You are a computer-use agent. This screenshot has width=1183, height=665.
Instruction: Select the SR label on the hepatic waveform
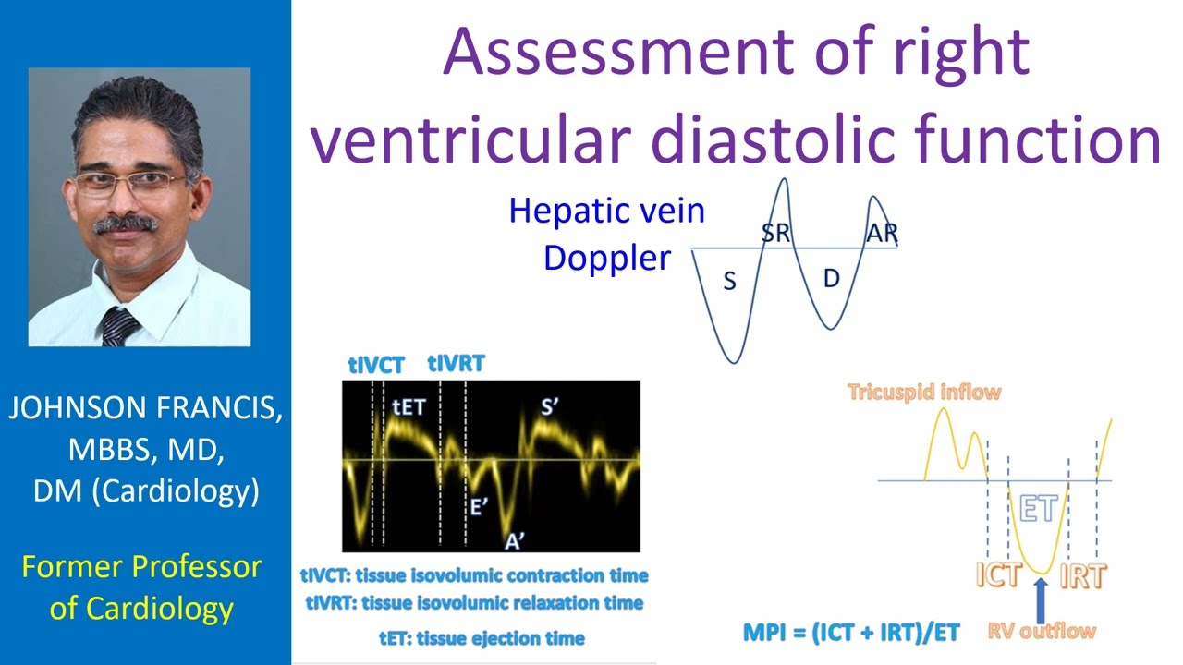tap(776, 233)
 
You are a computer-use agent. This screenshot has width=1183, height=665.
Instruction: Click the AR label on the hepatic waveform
tap(882, 233)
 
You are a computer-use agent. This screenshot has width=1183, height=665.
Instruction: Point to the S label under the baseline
tap(729, 282)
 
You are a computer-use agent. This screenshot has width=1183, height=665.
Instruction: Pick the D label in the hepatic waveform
tap(830, 279)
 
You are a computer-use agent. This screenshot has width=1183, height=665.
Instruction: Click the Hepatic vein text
tap(606, 212)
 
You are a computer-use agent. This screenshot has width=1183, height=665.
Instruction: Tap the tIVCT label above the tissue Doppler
tap(376, 365)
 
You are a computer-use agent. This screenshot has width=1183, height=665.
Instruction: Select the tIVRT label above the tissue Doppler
tap(456, 363)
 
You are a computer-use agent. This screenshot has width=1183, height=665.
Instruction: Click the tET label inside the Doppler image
tap(409, 406)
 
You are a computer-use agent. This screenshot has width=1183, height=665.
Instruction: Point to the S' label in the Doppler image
tap(551, 406)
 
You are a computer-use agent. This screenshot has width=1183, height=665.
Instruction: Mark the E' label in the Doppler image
tap(479, 506)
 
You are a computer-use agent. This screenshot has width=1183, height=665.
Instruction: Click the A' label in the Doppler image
tap(515, 541)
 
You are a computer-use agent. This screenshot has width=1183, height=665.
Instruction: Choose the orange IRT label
tap(1082, 575)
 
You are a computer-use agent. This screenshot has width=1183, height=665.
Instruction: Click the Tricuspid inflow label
tap(924, 392)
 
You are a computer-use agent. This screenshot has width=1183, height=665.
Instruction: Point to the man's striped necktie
tap(119, 325)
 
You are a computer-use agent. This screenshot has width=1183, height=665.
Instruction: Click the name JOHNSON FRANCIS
tap(145, 409)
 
